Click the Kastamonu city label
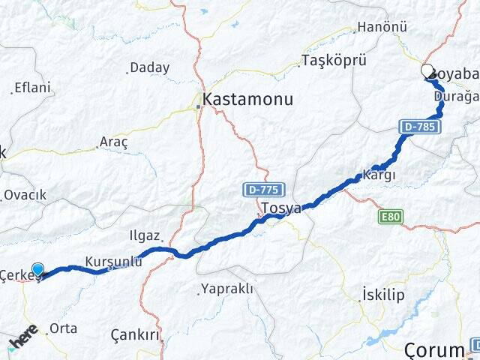point(248,99)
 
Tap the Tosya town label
point(280,208)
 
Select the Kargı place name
point(379,175)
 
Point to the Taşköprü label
point(331,60)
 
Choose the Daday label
point(149,67)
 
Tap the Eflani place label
point(32,88)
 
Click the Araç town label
point(114,142)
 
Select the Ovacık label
point(25,195)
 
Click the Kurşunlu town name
point(114,261)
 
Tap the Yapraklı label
point(227,289)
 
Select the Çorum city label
point(434,349)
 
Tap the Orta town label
point(63,328)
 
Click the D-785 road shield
point(418,127)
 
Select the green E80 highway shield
point(391,217)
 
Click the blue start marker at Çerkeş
point(38,269)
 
